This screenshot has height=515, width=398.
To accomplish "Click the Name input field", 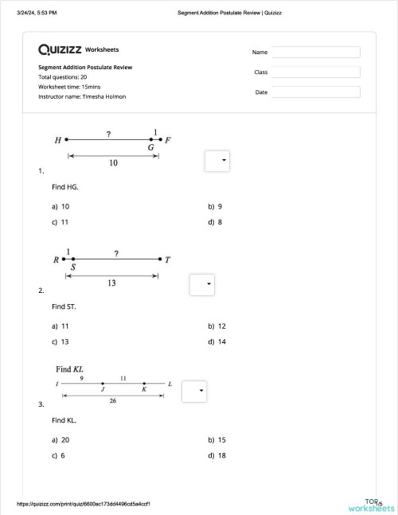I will (315, 52).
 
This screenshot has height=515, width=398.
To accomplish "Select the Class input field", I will (315, 72).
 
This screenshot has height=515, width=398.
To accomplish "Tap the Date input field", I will (315, 92).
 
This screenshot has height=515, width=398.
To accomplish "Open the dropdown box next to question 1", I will (217, 161).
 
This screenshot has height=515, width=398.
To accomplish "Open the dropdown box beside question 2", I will (202, 284).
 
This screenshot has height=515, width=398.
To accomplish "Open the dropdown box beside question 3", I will (194, 392).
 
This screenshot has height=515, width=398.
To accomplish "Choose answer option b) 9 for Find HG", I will (215, 206).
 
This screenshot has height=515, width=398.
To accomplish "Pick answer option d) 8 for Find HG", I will (215, 222).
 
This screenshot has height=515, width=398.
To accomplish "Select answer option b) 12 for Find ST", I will (217, 326).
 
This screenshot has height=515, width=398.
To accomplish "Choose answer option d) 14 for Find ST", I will (217, 342).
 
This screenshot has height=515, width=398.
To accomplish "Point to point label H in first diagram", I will (57, 141).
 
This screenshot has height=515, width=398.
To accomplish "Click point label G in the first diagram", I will (150, 148).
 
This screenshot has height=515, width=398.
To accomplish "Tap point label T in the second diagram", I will (167, 260).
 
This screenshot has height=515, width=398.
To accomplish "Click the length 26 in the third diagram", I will (114, 401).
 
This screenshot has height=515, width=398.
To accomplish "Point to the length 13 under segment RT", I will (111, 283).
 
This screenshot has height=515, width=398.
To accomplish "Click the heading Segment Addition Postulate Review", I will (85, 68).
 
